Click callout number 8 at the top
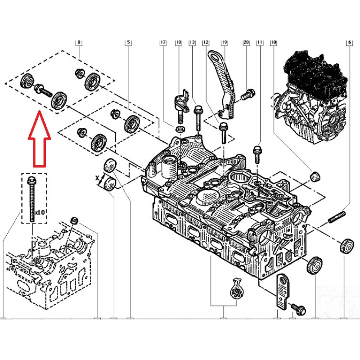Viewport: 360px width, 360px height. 79,43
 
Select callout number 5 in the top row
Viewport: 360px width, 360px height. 128,43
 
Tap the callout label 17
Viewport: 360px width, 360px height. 163,43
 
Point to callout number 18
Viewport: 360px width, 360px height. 179,43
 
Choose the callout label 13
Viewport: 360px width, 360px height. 192,43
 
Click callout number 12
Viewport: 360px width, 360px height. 206,43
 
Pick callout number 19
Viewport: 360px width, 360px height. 224,43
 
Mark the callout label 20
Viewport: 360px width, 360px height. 246,43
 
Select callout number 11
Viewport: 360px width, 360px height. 260,43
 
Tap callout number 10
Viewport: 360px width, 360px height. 273,43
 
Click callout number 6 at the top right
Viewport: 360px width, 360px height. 349,43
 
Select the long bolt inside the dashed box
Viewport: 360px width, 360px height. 32,198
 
